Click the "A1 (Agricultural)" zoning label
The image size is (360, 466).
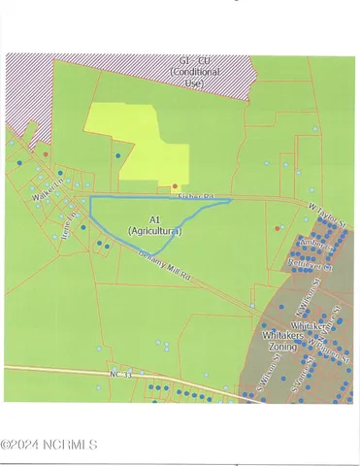tap(154, 225)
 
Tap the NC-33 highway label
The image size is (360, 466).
tap(119, 372)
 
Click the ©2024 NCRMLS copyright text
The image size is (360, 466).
tap(49, 445)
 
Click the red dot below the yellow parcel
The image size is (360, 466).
tap(175, 185)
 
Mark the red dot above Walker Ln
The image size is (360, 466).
tap(45, 153)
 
